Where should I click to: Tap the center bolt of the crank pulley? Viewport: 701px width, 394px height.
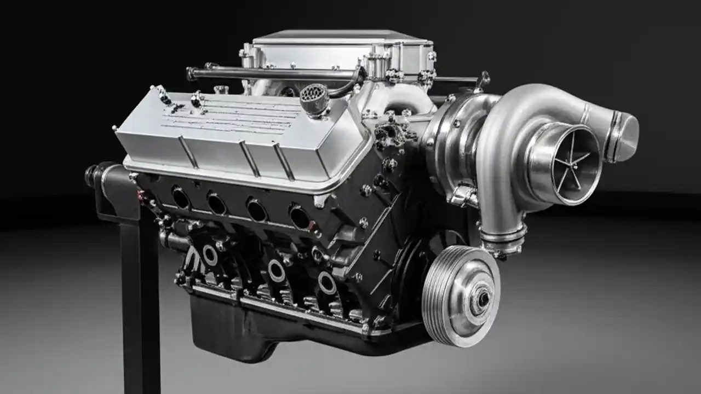pos(483,298)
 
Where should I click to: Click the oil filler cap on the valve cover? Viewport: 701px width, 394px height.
pos(313,99)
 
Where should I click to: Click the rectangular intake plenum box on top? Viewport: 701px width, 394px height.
pos(340,52)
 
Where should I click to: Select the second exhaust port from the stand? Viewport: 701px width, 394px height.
pos(216,204)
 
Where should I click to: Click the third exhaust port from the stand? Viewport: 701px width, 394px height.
pos(256,210)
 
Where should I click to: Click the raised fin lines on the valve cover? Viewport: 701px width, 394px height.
pos(230,118)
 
